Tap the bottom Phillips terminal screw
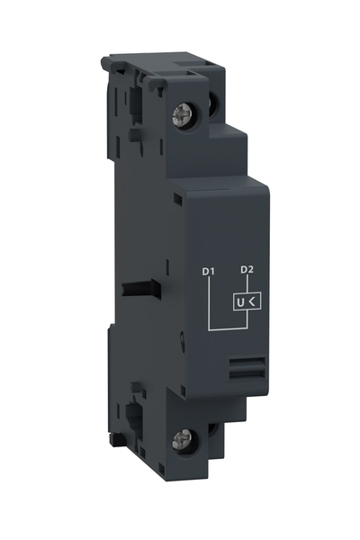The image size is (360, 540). point(178,438)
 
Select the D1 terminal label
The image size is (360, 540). point(209,271)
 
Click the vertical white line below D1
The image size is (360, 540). point(209,301)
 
